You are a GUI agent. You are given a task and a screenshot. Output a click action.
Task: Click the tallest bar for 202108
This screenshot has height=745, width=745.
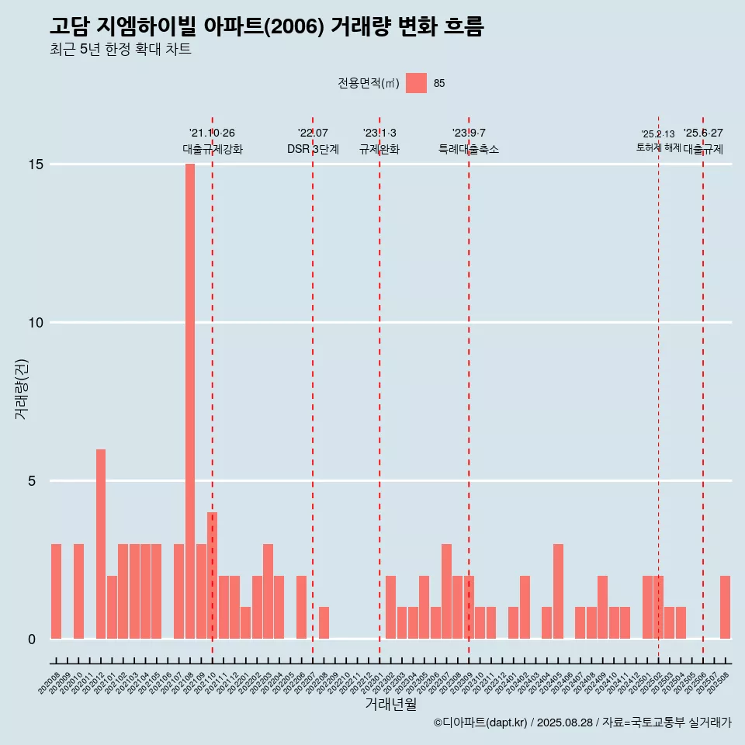(190, 401)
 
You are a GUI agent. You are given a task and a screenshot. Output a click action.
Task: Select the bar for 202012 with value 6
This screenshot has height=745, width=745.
(101, 543)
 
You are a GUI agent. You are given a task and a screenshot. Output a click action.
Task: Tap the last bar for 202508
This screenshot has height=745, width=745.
(725, 607)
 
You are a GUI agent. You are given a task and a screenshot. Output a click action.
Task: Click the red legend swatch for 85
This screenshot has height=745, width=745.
(416, 83)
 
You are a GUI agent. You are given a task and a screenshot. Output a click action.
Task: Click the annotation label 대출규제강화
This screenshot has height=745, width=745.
(213, 149)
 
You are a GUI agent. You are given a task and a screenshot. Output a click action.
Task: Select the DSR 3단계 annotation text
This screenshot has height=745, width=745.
(313, 149)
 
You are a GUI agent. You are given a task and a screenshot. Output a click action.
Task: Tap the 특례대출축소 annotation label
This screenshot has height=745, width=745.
(469, 149)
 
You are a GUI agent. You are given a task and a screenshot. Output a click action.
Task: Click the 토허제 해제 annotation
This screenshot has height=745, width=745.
(658, 147)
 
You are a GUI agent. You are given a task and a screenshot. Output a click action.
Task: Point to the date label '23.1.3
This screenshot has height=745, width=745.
(379, 133)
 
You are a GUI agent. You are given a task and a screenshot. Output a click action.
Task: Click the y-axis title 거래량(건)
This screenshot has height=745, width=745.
(21, 388)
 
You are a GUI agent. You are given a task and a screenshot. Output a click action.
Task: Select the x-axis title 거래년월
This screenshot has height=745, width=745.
(390, 704)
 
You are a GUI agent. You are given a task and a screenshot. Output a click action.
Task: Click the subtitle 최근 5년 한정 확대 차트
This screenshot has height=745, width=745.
(120, 49)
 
